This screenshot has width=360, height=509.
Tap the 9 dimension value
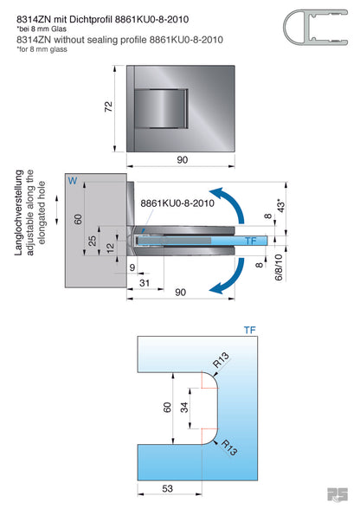tap(132, 269)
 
